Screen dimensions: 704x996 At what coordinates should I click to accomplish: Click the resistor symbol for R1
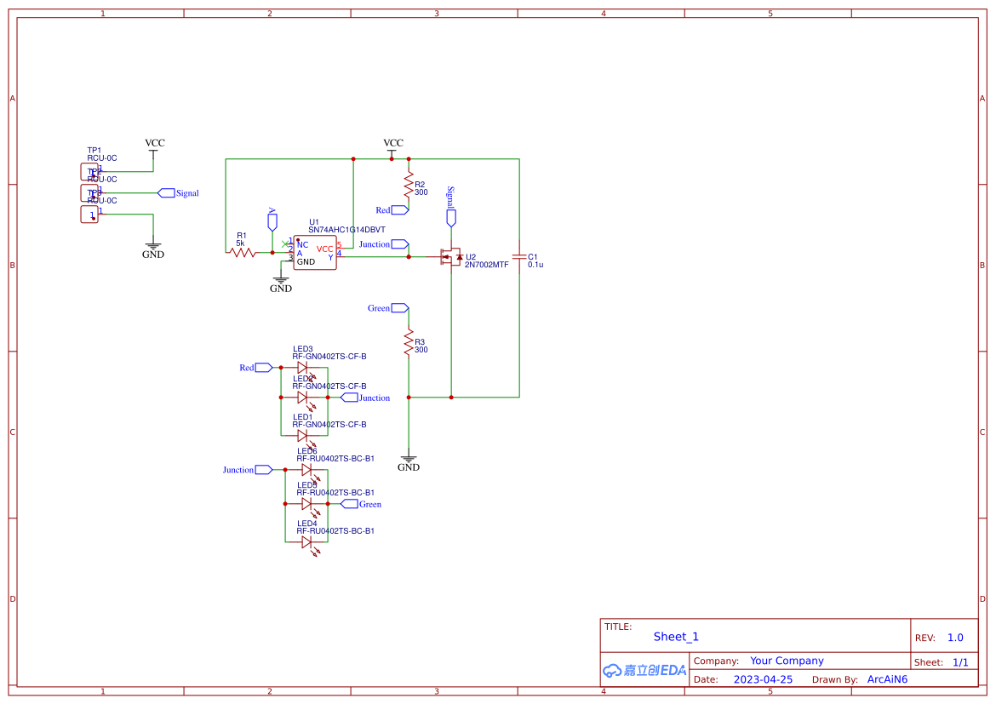(243, 253)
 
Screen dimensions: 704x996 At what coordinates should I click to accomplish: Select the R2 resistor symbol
(409, 185)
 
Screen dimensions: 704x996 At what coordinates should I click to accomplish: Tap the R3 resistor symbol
(409, 342)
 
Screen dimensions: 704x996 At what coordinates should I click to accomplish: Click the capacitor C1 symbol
(518, 256)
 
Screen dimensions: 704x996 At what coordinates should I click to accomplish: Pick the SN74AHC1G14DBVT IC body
(315, 253)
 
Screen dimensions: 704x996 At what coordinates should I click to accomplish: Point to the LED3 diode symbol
(303, 368)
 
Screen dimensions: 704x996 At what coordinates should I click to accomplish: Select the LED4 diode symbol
(306, 541)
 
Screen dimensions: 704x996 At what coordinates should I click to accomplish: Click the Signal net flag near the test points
(167, 193)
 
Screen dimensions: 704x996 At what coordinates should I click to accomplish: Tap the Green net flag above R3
(399, 308)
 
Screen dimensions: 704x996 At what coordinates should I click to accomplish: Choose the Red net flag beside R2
(400, 210)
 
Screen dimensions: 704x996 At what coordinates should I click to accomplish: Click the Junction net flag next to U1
(399, 244)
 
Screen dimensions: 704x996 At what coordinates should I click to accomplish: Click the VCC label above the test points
(154, 144)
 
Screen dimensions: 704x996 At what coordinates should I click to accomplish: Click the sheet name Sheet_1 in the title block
(676, 637)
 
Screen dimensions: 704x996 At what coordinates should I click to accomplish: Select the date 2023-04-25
(763, 679)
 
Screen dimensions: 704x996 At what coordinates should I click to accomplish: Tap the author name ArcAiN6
(887, 679)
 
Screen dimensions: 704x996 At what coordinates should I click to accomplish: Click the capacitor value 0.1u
(535, 265)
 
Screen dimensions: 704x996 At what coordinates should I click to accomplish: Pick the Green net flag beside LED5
(349, 504)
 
